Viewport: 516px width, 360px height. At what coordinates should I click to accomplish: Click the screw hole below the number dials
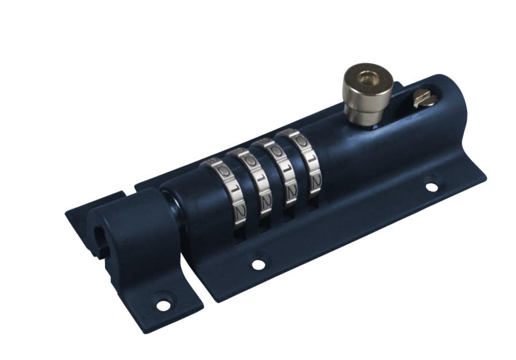(259, 264)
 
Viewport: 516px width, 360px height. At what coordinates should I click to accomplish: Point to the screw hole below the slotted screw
(431, 187)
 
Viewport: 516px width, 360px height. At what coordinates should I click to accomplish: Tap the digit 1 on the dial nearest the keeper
(232, 187)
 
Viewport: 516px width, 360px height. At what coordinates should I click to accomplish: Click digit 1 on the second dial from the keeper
(259, 178)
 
